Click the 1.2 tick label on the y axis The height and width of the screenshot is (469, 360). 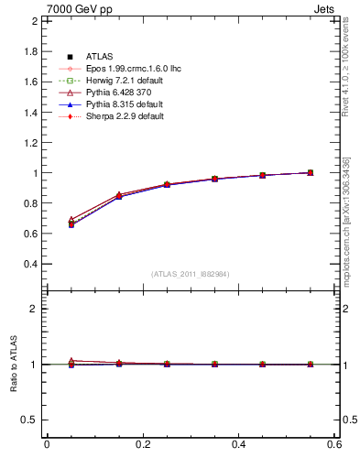pyautogui.click(x=30, y=142)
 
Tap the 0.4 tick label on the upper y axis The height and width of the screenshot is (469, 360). pyautogui.click(x=30, y=264)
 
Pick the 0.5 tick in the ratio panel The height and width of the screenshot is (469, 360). pyautogui.click(x=30, y=420)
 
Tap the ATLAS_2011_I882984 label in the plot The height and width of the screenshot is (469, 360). pyautogui.click(x=191, y=273)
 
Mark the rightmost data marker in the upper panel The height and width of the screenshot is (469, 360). pyautogui.click(x=311, y=172)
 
